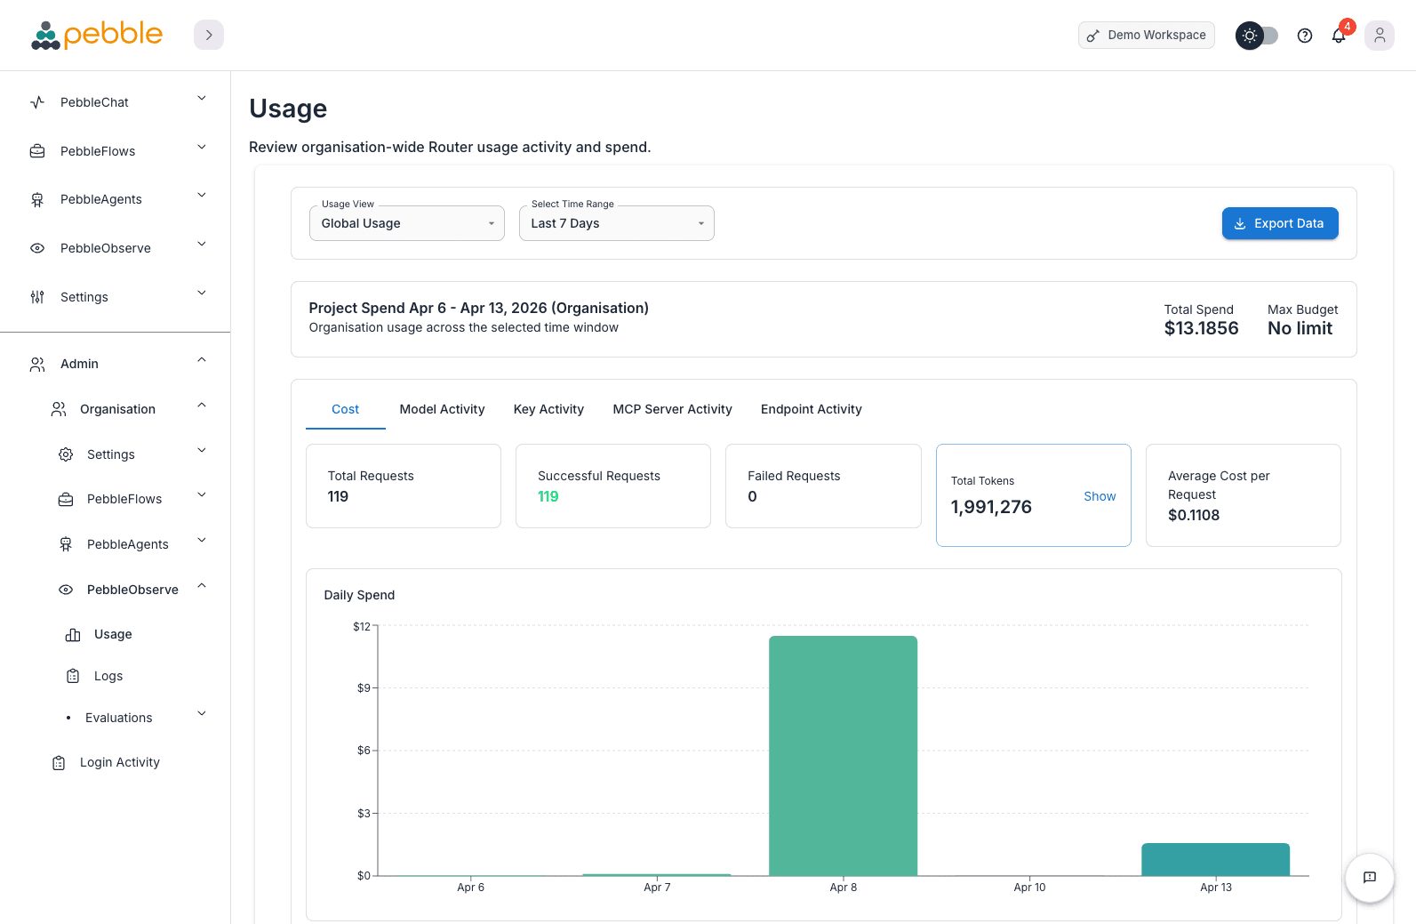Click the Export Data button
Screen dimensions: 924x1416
(x=1279, y=223)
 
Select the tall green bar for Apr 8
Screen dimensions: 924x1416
(x=843, y=756)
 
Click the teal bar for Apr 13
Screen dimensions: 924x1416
(x=1215, y=859)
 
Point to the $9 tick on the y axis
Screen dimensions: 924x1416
(x=364, y=688)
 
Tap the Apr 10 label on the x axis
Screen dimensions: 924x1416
(x=1029, y=888)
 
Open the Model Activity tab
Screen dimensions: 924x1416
(x=442, y=409)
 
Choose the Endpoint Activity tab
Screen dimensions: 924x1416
(x=811, y=409)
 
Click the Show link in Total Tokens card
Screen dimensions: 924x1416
(x=1100, y=496)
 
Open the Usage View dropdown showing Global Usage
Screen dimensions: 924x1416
(x=406, y=223)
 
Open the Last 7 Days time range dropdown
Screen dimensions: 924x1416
(x=616, y=223)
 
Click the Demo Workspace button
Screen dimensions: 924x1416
(x=1146, y=36)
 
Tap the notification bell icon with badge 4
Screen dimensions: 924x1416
(x=1339, y=36)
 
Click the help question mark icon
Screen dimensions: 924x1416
(x=1305, y=36)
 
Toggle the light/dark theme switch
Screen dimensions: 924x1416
(x=1257, y=36)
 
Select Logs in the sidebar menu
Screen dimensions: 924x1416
(x=108, y=676)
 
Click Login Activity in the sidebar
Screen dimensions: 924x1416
(x=119, y=762)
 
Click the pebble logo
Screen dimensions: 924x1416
(x=97, y=35)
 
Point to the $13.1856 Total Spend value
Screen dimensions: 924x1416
(x=1201, y=328)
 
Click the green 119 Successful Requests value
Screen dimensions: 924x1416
(x=548, y=496)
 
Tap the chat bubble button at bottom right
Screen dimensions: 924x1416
(x=1369, y=878)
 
